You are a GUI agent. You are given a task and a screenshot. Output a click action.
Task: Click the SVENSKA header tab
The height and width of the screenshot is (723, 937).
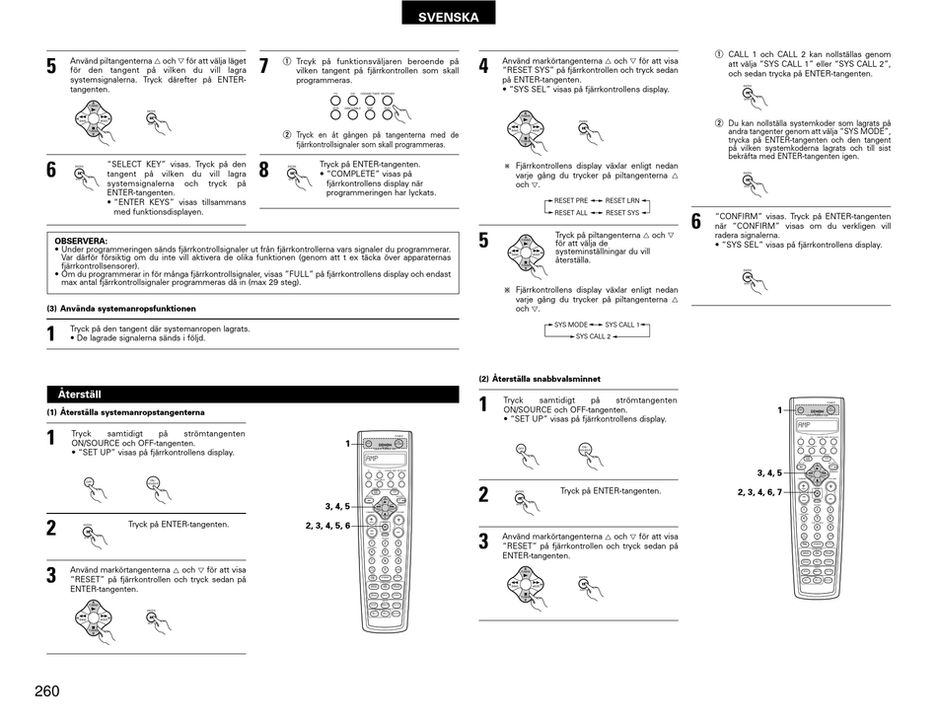448,17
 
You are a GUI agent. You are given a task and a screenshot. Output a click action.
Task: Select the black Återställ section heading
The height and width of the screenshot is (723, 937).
80,395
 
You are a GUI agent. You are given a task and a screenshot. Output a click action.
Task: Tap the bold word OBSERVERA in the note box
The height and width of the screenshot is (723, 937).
81,241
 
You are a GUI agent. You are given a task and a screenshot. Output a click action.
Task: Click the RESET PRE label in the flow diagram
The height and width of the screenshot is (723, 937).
571,200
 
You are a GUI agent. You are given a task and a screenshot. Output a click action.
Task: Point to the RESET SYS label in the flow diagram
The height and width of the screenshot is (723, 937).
622,212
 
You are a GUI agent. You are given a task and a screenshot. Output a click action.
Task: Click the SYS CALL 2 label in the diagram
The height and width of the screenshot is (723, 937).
593,336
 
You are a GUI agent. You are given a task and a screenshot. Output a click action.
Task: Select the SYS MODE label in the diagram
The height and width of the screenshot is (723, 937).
571,325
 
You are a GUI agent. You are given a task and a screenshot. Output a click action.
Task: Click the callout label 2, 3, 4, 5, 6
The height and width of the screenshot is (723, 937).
327,526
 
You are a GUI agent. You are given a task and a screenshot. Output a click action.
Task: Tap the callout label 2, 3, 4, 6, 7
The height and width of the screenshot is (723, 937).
758,491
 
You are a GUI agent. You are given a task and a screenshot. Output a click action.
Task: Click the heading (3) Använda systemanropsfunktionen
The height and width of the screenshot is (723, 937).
121,309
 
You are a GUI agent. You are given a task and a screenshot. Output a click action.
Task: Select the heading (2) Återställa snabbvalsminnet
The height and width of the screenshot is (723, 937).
540,379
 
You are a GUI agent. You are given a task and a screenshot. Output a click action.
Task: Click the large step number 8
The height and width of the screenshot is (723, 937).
263,170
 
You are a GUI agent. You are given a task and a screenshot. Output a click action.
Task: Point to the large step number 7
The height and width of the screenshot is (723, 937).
263,67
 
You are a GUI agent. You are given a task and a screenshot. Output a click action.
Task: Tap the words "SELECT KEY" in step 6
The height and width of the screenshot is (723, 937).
134,164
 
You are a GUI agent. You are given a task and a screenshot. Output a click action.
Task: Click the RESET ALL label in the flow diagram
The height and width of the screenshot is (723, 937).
571,212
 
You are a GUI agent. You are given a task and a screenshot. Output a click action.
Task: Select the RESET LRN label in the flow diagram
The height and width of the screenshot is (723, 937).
622,200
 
